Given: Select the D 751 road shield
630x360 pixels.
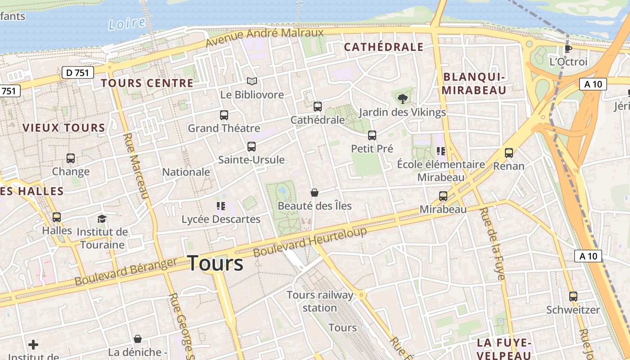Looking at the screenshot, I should pyautogui.click(x=77, y=72).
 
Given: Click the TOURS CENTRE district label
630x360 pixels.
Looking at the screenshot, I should pyautogui.click(x=147, y=83).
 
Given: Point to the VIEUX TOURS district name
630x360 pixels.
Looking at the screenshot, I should pyautogui.click(x=63, y=128).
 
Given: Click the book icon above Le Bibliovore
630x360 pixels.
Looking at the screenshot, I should pyautogui.click(x=252, y=81).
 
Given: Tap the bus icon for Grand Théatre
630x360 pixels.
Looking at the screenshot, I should pyautogui.click(x=224, y=115).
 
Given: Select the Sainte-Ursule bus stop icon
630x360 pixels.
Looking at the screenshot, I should pyautogui.click(x=251, y=147).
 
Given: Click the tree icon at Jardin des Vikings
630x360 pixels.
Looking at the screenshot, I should pyautogui.click(x=402, y=99).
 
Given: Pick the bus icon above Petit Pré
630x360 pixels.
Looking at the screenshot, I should pyautogui.click(x=372, y=135).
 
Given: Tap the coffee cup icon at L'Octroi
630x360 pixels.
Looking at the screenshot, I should pyautogui.click(x=568, y=49).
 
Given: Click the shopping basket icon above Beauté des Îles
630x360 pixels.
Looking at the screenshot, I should pyautogui.click(x=315, y=193).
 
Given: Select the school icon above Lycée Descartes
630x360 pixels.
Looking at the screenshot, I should pyautogui.click(x=220, y=206).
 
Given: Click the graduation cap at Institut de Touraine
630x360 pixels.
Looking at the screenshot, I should pyautogui.click(x=102, y=219).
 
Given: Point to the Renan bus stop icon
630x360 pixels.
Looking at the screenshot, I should pyautogui.click(x=508, y=153).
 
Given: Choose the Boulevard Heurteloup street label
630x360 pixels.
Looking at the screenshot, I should pyautogui.click(x=310, y=242).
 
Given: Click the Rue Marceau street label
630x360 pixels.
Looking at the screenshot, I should pyautogui.click(x=135, y=166).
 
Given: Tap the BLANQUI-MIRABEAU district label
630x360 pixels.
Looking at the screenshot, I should pyautogui.click(x=474, y=83).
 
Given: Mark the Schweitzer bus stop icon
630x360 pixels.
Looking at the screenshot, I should pyautogui.click(x=573, y=297).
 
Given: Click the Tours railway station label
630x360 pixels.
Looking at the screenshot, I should pyautogui.click(x=320, y=301).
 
